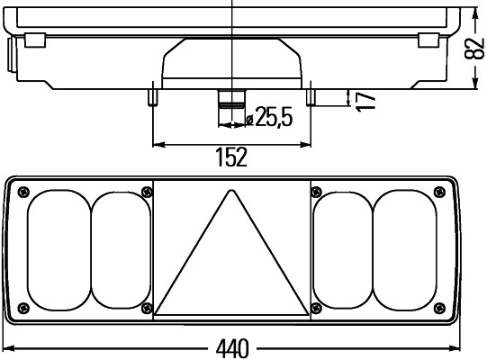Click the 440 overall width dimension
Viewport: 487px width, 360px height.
[x=232, y=347]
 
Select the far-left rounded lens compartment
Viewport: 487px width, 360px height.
[x=59, y=249]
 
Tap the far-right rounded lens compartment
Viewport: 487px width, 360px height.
[x=406, y=249]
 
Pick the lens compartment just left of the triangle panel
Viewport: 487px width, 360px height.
[x=122, y=249]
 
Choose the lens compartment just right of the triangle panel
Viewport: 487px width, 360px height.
[x=342, y=249]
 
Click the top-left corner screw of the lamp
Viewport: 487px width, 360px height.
[x=23, y=190]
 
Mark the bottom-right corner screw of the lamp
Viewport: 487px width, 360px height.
[x=439, y=309]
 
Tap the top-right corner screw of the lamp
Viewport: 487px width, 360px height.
[x=439, y=190]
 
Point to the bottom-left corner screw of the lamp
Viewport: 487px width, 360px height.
[x=23, y=309]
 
